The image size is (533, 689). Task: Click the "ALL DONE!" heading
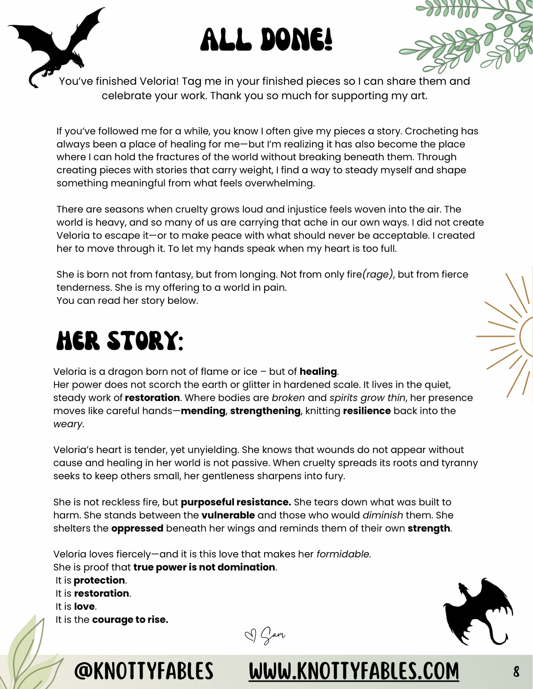coord(266,39)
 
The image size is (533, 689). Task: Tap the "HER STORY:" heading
coord(120,341)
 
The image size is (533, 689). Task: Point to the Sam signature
coord(273,635)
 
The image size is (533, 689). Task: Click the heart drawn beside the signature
coord(250,636)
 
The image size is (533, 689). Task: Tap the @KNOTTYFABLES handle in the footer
coord(144,671)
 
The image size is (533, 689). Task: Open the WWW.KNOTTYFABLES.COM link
coord(354,671)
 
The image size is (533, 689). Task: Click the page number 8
coord(516,672)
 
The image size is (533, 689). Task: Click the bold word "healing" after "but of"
coord(318,372)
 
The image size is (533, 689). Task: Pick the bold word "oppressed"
coord(137,528)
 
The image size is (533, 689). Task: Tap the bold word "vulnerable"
coord(228,515)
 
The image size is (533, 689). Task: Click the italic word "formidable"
coord(343,554)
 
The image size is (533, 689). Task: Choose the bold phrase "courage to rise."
coord(130,620)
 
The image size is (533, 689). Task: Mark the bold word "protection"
coord(99,580)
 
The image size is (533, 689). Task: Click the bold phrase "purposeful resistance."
coord(236,502)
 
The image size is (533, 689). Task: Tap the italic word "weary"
coord(68,424)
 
